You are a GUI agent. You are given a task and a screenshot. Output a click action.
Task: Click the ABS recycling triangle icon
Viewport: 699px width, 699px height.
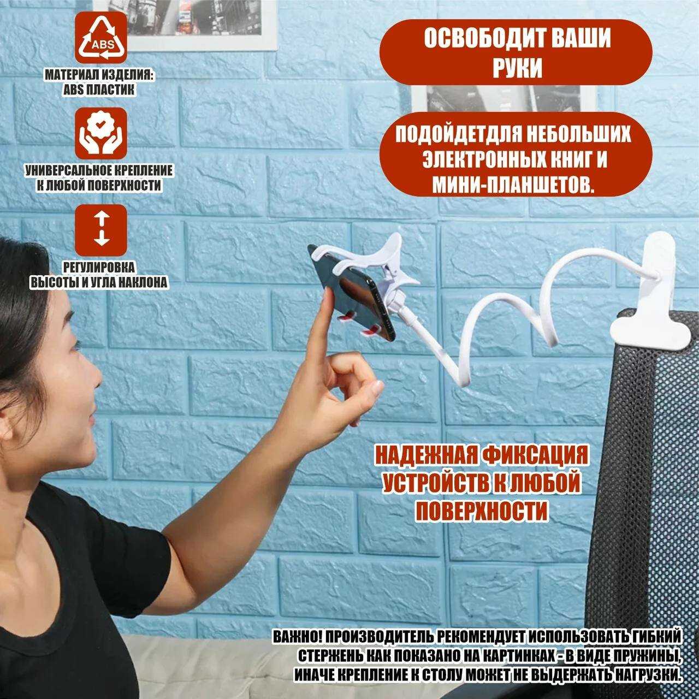[101, 37]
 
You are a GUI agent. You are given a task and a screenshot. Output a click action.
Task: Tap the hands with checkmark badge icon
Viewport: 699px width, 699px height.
[101, 133]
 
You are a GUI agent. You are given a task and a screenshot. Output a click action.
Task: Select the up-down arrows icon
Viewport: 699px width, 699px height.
[101, 230]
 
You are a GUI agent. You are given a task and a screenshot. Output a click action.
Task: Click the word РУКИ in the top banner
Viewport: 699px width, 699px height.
[517, 68]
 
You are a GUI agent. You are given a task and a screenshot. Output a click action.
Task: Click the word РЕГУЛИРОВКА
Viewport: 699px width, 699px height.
[99, 268]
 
